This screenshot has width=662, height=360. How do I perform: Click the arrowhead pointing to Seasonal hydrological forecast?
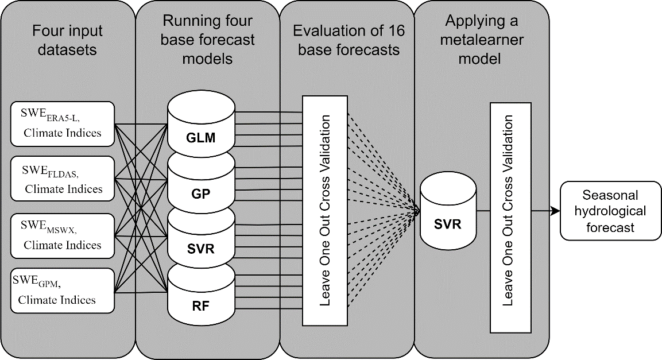point(556,211)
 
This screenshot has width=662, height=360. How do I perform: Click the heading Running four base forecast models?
point(207,40)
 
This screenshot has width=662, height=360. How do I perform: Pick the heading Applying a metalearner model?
point(482,40)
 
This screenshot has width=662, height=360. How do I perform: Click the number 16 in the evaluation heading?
point(393,31)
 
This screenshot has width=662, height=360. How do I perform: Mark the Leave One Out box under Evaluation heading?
point(325,210)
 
